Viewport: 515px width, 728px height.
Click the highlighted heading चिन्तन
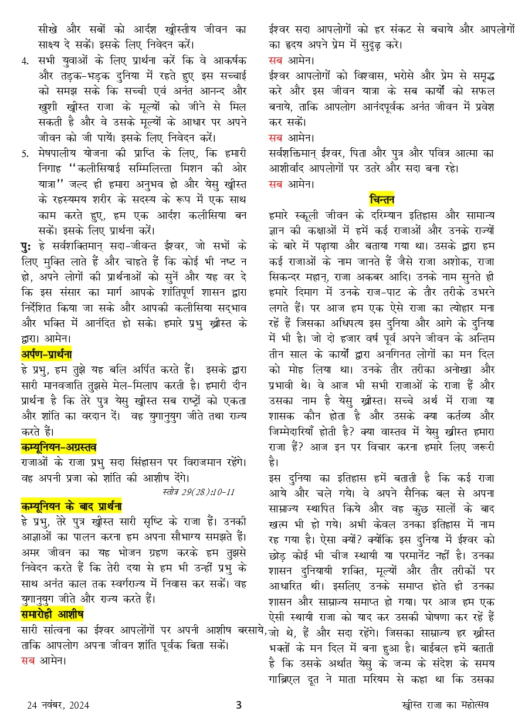coord(381,198)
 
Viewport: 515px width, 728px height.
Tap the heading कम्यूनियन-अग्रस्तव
coord(59,446)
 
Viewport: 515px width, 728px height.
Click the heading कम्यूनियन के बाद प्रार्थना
coord(71,506)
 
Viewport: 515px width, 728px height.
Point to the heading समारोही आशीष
coord(52,614)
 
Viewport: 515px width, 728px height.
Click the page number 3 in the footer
coord(239,705)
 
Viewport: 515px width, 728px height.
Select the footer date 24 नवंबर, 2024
coord(58,706)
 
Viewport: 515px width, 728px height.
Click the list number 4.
coord(25,60)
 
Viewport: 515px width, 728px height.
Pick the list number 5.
coord(25,153)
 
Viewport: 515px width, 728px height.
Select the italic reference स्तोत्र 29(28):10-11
coord(198,492)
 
